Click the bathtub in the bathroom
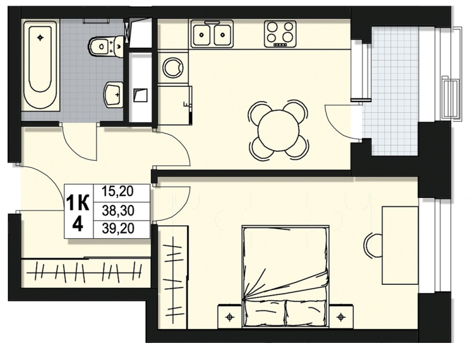click(x=40, y=65)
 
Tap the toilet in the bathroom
click(x=106, y=47)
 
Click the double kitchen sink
click(x=212, y=34)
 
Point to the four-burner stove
click(x=280, y=34)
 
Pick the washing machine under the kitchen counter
click(x=173, y=67)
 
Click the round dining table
click(x=278, y=129)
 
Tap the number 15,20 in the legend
click(x=118, y=192)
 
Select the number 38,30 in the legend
click(x=118, y=211)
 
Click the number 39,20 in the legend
click(x=118, y=229)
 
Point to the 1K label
click(x=78, y=203)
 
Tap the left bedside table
click(x=230, y=316)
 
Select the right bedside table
click(x=341, y=316)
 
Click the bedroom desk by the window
click(x=400, y=245)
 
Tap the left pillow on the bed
click(x=264, y=313)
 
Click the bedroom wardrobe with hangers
click(x=173, y=277)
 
